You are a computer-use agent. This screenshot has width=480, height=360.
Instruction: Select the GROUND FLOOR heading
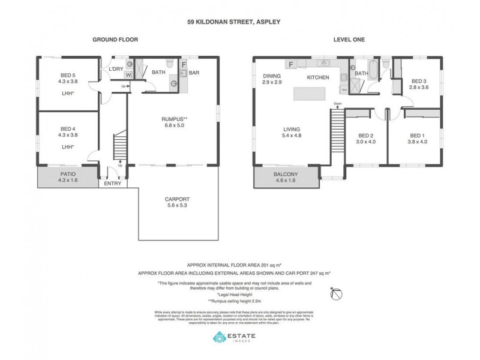pos(115,40)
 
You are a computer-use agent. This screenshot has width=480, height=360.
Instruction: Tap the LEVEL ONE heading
pos(349,40)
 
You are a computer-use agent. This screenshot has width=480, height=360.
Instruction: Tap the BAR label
pos(194,73)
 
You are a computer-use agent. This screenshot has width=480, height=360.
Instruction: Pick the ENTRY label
pos(112,184)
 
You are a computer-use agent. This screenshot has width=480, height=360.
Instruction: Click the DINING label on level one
pos(272,76)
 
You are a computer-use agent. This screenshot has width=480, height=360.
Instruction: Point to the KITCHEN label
pos(318,78)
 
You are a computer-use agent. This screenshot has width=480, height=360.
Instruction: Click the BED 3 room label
pos(418,81)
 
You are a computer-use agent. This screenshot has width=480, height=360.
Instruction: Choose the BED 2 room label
pos(366,135)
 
